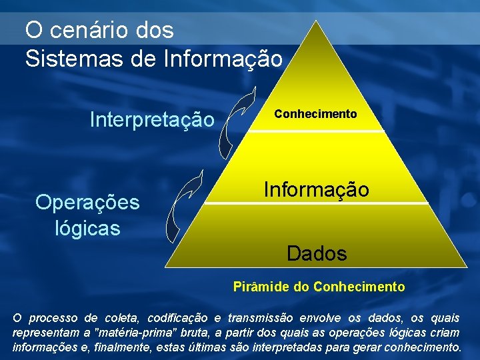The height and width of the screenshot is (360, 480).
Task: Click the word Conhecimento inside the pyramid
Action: tap(316, 114)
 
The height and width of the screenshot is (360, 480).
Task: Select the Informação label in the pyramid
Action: tap(316, 189)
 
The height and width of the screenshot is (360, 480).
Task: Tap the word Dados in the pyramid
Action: tap(317, 253)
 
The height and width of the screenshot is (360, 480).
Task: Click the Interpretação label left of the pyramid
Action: tap(152, 120)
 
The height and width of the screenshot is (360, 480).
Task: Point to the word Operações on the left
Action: tap(87, 202)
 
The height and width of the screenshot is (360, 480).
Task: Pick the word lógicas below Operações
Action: tap(87, 229)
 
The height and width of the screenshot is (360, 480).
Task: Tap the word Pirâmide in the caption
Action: tap(261, 287)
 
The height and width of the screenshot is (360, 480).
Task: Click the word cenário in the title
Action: tap(89, 30)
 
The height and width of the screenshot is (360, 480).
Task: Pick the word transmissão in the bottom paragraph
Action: tap(267, 318)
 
